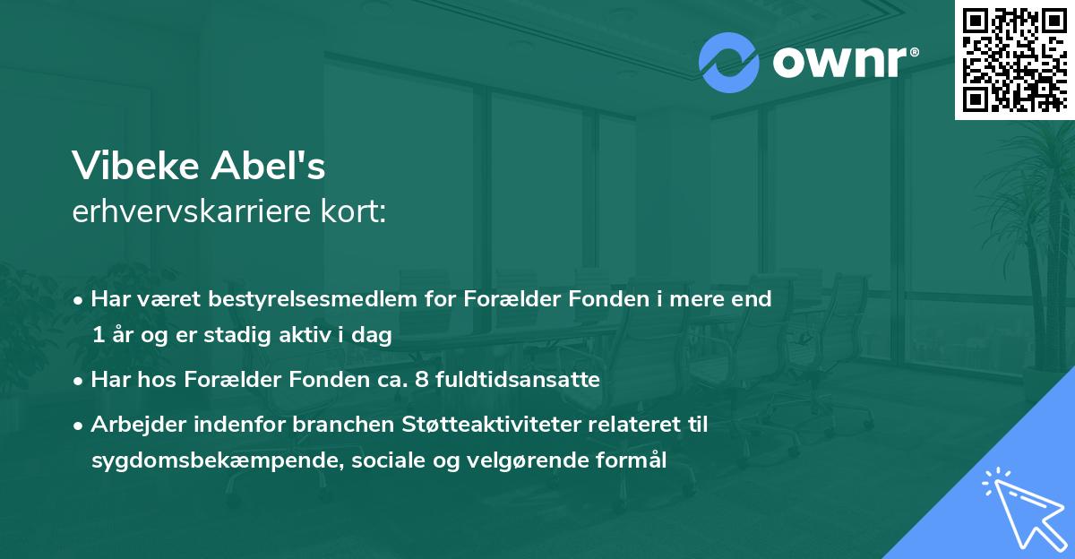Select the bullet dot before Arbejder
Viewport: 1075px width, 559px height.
80,425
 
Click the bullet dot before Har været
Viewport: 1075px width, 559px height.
80,300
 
